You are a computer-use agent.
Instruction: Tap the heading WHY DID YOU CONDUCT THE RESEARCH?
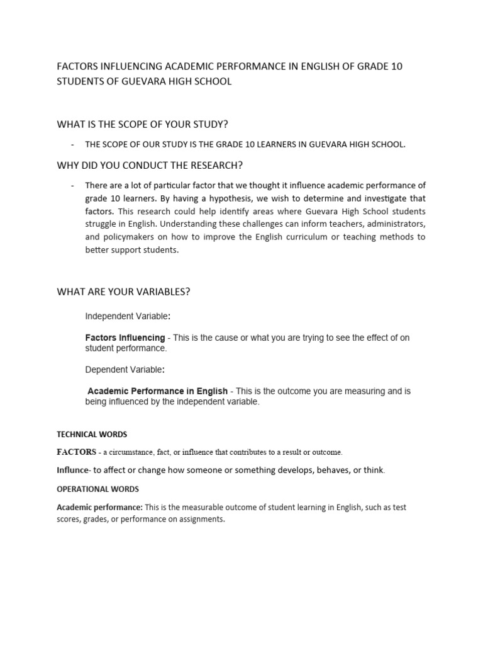coord(150,165)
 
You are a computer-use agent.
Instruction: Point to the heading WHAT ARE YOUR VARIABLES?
coord(123,292)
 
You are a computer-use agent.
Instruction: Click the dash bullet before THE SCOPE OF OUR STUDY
coord(73,144)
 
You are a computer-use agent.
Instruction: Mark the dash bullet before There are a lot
coord(73,185)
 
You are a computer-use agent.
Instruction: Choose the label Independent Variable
coord(126,316)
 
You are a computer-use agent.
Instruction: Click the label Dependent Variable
coord(124,369)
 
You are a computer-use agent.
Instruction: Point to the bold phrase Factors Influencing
coord(125,338)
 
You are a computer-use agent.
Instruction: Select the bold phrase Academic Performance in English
coord(157,391)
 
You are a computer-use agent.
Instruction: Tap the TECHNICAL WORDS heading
coord(92,435)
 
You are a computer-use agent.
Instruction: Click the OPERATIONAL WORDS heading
coord(97,489)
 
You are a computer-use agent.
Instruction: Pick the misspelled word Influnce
coord(72,470)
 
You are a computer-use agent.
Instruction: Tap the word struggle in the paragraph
coord(103,224)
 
